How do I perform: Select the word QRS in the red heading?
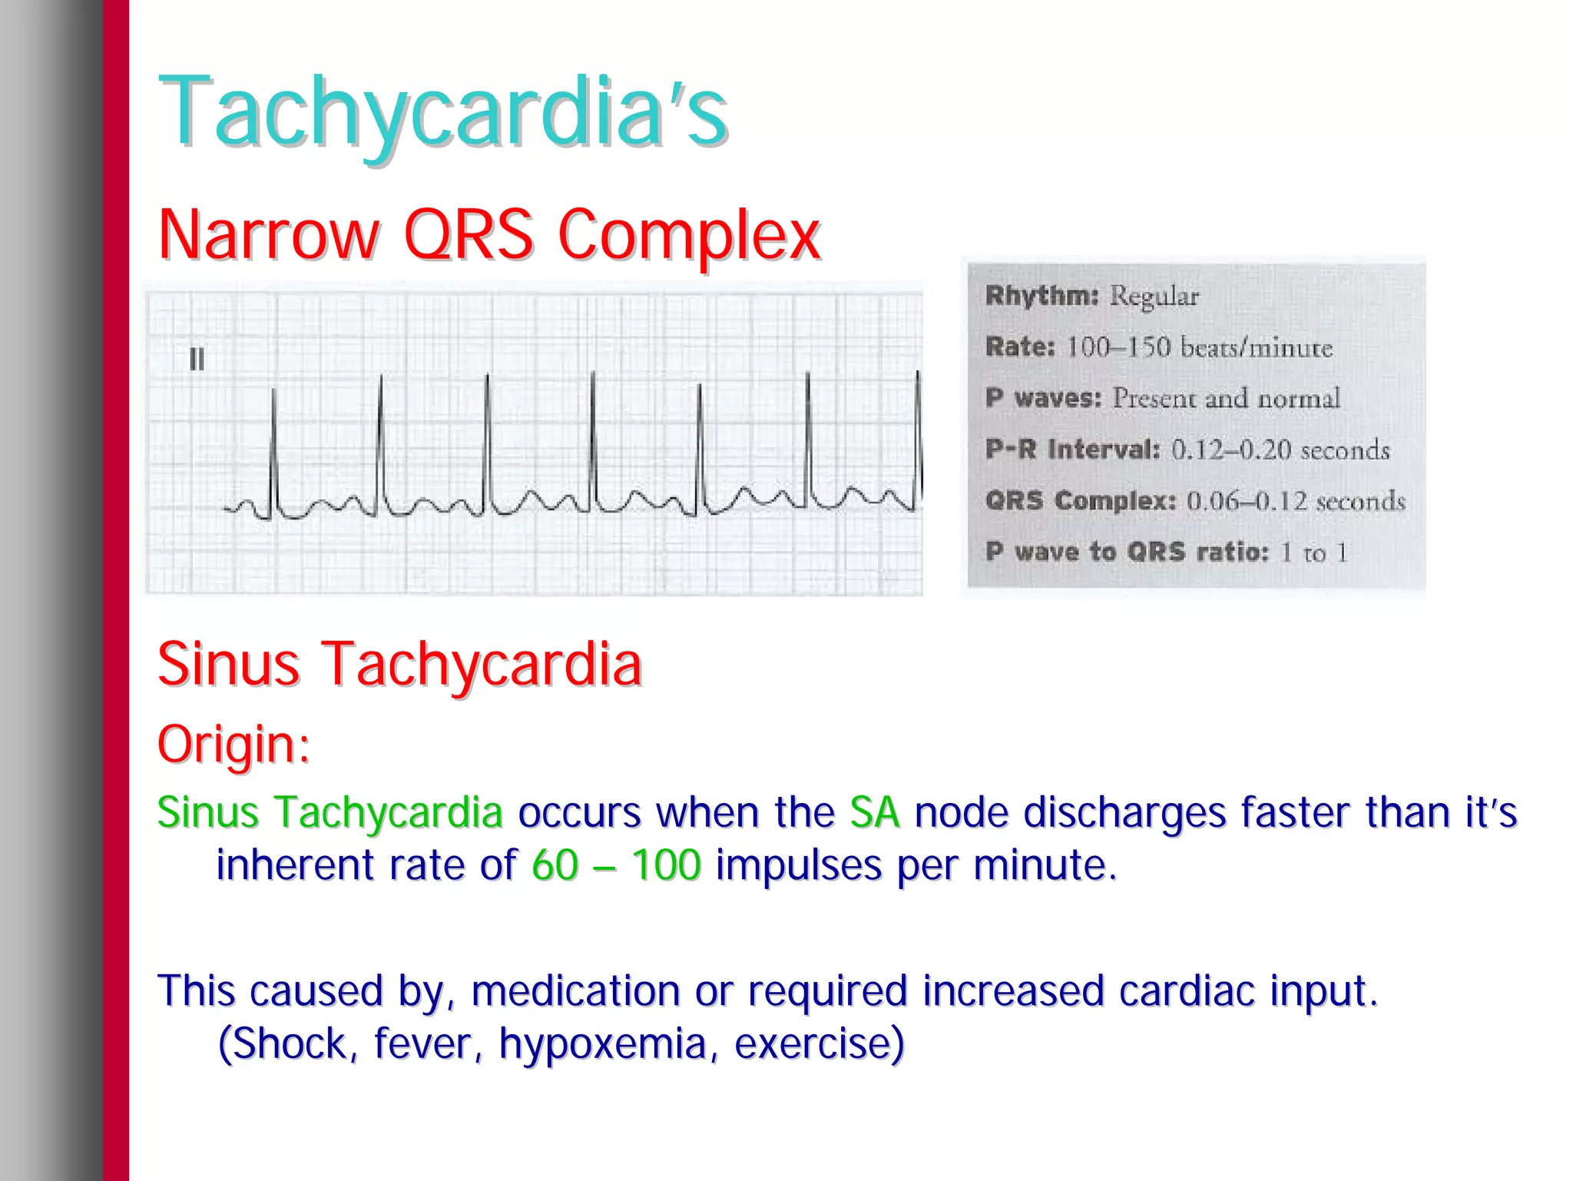(469, 234)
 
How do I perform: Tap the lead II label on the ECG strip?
(197, 360)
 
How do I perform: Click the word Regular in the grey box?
(1154, 296)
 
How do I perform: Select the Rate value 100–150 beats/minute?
(1199, 347)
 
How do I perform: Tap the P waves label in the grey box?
(1044, 398)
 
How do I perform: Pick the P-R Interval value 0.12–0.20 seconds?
(1280, 450)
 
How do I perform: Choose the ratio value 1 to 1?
(1313, 552)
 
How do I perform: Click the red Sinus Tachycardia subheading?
(399, 665)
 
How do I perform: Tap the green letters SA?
(874, 812)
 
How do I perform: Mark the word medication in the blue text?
(575, 991)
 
